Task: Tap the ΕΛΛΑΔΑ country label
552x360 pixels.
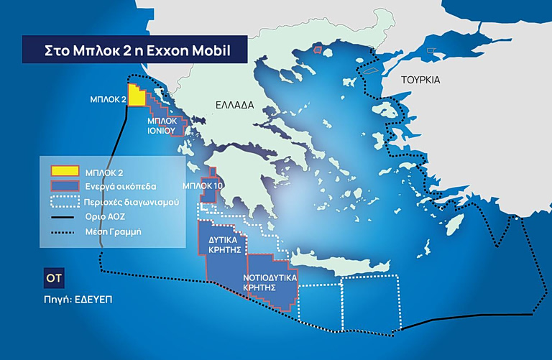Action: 234,105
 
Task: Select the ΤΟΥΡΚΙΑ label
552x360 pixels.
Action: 420,80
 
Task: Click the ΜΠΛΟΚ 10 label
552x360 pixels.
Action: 203,185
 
